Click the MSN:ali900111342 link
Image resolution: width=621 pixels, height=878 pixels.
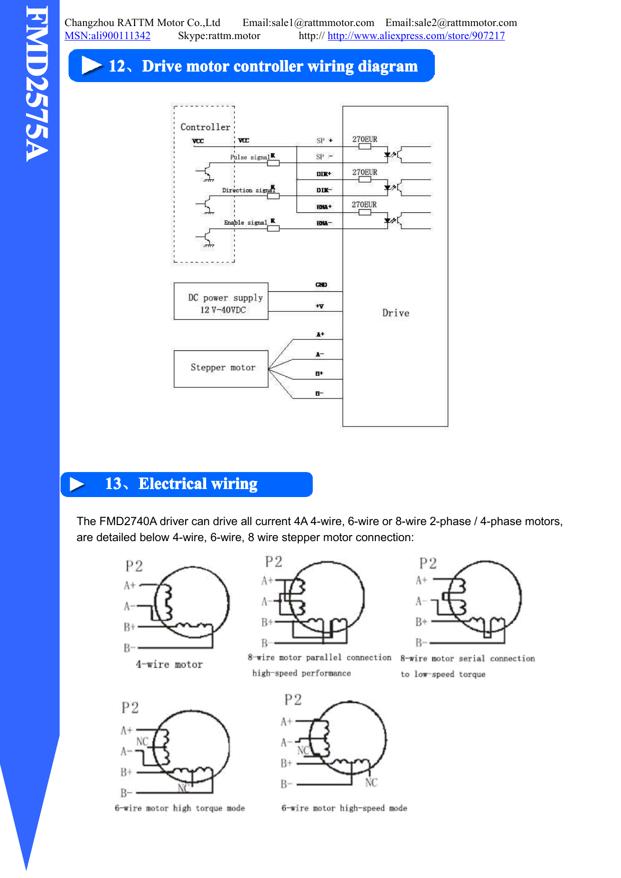[108, 36]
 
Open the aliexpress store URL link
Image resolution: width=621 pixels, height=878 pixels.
[416, 36]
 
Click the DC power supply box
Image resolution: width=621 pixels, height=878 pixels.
[221, 301]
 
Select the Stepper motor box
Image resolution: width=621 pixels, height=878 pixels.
[221, 369]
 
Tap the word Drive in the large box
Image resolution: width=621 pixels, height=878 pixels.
[395, 313]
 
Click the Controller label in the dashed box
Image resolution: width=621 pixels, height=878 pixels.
[205, 127]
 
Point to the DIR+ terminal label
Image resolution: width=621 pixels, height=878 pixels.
[323, 174]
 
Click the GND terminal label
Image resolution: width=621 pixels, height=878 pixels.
[321, 285]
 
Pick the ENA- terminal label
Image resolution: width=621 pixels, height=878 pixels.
[324, 223]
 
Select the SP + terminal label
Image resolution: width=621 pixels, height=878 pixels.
[324, 141]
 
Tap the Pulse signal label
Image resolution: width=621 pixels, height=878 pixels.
[250, 157]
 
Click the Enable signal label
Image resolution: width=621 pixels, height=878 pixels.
[245, 223]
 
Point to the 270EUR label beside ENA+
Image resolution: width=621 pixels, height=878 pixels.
[364, 205]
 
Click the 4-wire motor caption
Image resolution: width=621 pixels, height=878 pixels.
[169, 665]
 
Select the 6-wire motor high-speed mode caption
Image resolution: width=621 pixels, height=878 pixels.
[344, 808]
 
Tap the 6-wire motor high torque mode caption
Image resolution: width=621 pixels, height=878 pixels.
[180, 808]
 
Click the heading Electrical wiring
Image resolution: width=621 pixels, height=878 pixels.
[198, 484]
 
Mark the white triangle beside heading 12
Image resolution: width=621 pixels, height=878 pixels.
[91, 66]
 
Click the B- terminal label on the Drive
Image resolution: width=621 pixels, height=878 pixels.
[319, 393]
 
